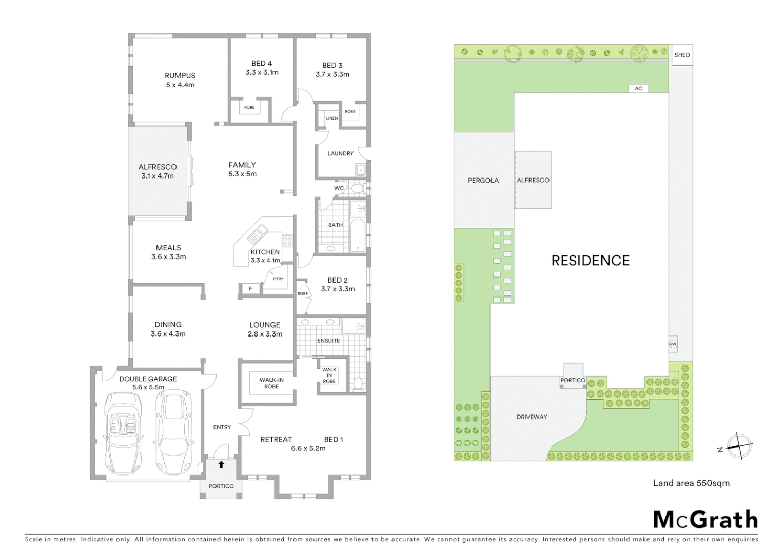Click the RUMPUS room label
click(180, 75)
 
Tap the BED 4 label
click(262, 63)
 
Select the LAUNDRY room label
click(340, 153)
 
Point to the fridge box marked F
click(250, 289)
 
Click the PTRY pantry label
click(278, 279)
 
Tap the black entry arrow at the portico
click(221, 465)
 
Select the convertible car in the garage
click(123, 433)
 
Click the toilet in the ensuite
click(358, 383)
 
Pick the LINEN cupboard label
click(332, 118)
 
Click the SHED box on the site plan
click(682, 55)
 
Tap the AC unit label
click(638, 88)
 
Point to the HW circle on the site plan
click(673, 344)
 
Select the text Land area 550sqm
click(691, 483)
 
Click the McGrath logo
click(705, 520)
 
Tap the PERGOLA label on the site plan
click(483, 181)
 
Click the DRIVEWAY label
click(532, 417)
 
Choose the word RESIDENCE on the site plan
click(590, 261)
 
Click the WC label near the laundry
click(339, 188)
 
